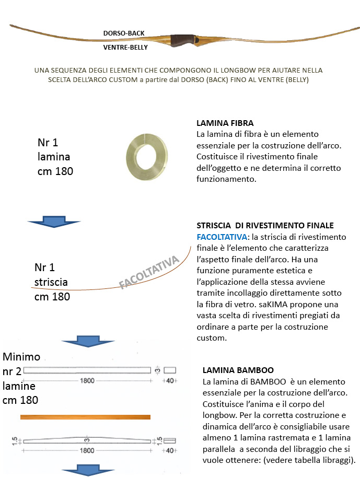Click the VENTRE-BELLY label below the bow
click(125, 48)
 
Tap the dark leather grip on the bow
click(183, 40)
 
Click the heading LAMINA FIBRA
click(225, 124)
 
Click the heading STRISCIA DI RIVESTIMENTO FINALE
click(264, 226)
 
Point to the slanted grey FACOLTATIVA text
click(149, 272)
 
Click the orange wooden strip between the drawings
click(85, 416)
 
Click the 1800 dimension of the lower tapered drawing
click(87, 450)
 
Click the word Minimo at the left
click(21, 357)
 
